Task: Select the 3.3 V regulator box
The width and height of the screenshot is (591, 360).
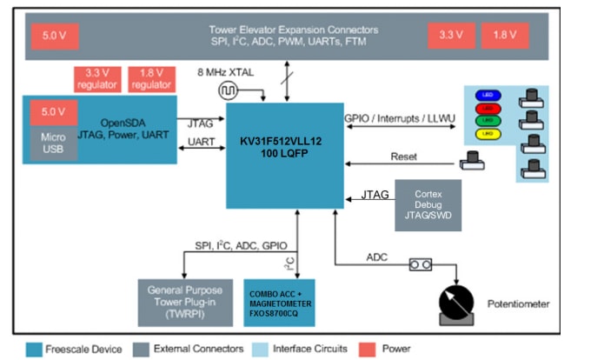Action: click(96, 79)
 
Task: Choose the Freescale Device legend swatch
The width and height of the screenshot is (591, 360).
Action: click(37, 349)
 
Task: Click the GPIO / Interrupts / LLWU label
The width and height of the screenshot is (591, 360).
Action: click(395, 117)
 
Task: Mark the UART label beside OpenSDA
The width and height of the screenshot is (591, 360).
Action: click(201, 141)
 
